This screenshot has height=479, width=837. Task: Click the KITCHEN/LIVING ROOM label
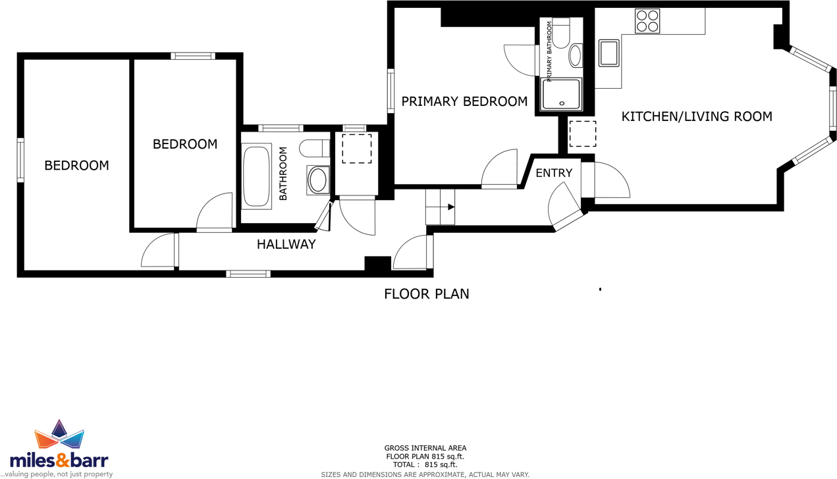click(697, 116)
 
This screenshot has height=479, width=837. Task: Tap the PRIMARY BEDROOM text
click(464, 101)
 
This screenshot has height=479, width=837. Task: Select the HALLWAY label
click(286, 244)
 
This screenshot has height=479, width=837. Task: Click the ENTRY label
click(554, 173)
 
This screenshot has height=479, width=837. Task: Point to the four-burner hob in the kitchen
click(647, 21)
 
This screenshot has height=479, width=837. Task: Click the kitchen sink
click(609, 53)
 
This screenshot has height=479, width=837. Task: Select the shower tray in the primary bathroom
click(562, 94)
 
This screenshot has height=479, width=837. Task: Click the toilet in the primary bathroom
click(561, 34)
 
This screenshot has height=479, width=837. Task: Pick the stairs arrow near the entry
click(451, 207)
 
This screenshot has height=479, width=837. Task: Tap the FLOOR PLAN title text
click(426, 293)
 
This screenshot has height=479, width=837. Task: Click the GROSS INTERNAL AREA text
click(425, 448)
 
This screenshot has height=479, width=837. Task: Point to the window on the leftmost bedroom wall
click(21, 160)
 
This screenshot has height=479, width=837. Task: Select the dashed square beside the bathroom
click(356, 149)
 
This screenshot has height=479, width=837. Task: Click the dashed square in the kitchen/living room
click(582, 134)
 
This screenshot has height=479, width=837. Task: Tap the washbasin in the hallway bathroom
click(318, 180)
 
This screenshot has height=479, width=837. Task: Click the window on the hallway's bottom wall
click(248, 274)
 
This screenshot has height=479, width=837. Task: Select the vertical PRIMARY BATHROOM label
click(549, 51)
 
